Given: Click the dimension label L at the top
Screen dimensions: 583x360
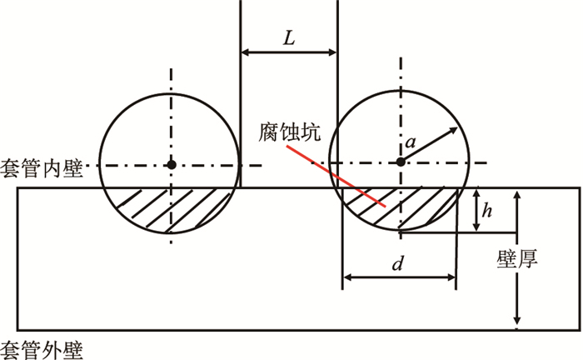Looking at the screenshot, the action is pos(288,37).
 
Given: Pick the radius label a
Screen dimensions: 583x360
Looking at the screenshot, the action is pos(410,143).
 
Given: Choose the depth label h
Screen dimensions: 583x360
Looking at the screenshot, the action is pos(489,212).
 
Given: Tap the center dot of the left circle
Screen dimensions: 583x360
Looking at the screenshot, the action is pos(171,164).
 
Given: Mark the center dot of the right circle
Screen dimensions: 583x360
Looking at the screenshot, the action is pos(401,162).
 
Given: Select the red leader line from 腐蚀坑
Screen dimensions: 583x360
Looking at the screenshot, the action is pos(336,177).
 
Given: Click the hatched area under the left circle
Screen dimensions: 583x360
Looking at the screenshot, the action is pos(171,208).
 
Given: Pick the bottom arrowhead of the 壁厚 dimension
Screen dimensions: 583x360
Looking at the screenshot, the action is pos(518,323).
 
